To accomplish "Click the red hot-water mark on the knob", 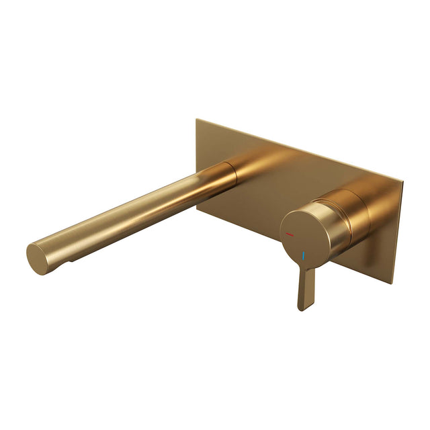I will point(290,235).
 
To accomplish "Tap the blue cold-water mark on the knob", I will point(304,257).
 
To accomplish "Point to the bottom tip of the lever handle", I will point(302,308).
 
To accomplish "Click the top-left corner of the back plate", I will point(197,120).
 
